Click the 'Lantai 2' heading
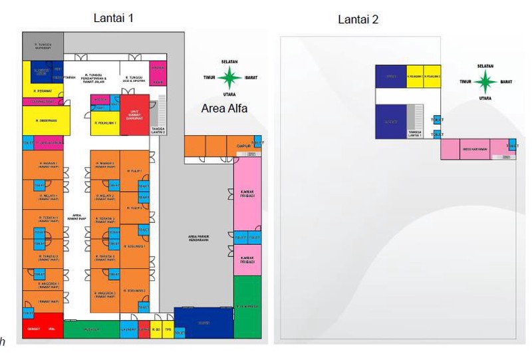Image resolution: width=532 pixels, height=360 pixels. tap(358, 19)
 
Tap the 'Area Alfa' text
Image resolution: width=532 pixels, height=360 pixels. tap(223, 108)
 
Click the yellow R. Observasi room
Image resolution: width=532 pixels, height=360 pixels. tap(43, 120)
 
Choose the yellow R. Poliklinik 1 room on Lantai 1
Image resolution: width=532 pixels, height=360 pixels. tap(106, 123)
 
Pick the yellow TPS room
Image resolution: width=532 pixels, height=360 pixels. tap(168, 329)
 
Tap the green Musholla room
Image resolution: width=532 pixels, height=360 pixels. tap(91, 329)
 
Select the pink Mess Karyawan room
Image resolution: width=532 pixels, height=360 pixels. tap(473, 149)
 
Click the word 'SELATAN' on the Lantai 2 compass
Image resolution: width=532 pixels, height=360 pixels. tap(486, 66)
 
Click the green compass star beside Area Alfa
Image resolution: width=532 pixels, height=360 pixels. tap(230, 77)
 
